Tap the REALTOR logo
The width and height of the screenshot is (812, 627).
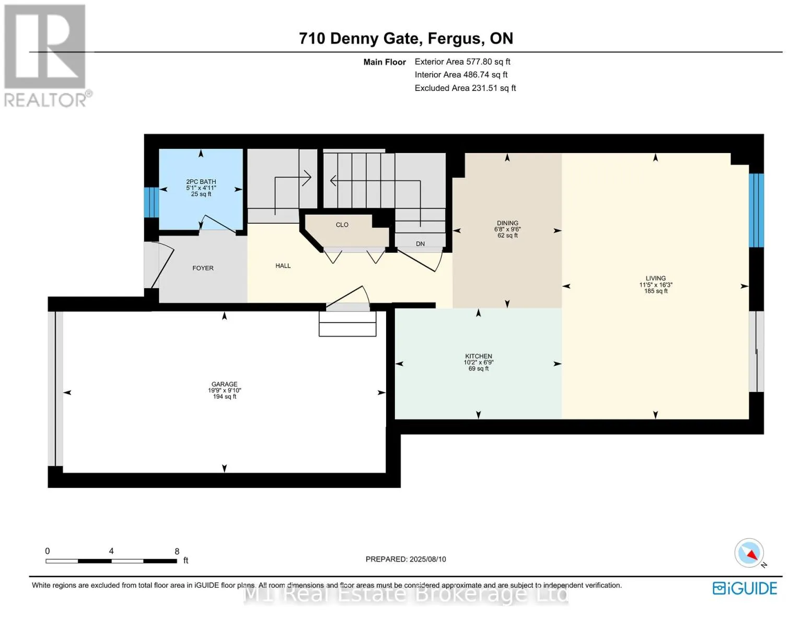(x=46, y=55)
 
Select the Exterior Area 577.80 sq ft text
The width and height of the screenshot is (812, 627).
(x=462, y=62)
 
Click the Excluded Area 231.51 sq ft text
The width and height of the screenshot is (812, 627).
(x=465, y=88)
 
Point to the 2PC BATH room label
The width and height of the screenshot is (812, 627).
(x=201, y=182)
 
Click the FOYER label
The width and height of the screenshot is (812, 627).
(x=203, y=268)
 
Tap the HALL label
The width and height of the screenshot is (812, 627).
(x=283, y=266)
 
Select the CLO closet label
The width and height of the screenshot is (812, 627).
(x=342, y=225)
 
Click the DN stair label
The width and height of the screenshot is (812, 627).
(x=420, y=244)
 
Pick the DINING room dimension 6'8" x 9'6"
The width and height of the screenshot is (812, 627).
(x=507, y=229)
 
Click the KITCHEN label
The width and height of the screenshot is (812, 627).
(x=478, y=356)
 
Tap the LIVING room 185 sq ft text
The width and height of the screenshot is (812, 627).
(x=655, y=291)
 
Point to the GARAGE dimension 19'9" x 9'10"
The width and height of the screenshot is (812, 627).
(x=224, y=390)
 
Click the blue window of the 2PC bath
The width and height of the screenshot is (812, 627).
(x=151, y=202)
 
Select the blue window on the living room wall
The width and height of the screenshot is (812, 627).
(x=756, y=210)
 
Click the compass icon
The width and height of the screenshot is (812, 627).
(x=749, y=553)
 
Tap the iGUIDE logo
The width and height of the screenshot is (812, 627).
(x=745, y=588)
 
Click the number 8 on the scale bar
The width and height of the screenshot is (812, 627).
(x=177, y=551)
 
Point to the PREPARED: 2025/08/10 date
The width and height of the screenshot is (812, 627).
(x=405, y=559)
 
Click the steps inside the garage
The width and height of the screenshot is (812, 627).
(x=347, y=323)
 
